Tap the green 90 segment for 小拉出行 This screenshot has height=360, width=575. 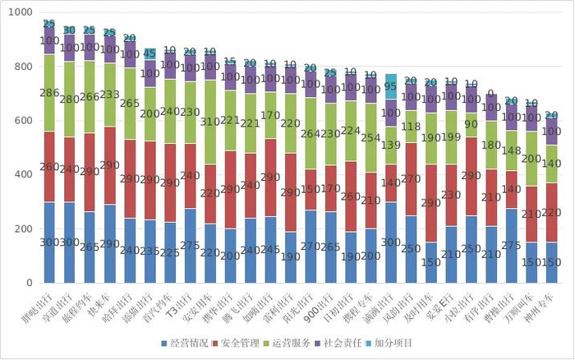coord(471,125)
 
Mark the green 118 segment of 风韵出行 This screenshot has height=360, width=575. coord(411,127)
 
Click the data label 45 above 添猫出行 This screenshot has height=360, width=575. coord(149,53)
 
